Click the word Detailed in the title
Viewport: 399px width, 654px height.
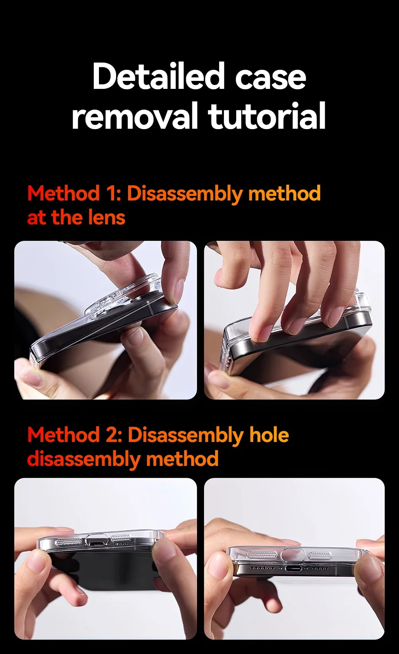(158, 77)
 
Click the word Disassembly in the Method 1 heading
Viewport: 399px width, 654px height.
(185, 194)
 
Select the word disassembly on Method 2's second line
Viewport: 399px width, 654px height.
(84, 459)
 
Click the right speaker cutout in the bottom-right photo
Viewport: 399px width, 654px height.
(320, 556)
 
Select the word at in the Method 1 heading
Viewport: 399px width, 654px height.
(37, 218)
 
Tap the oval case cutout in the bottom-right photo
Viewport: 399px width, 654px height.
(293, 554)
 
